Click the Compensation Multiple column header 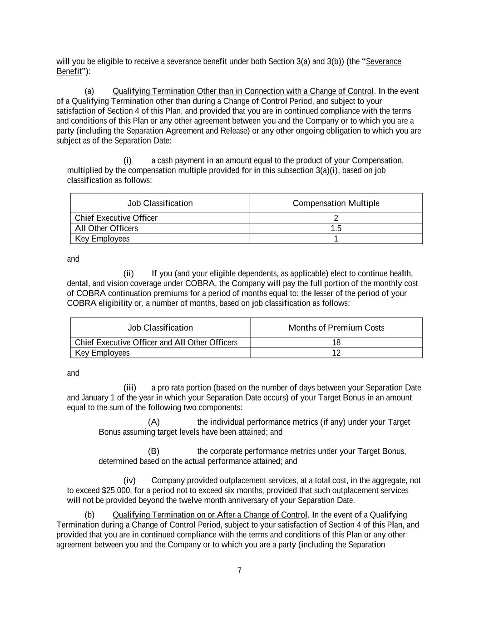(336, 203)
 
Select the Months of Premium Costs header (336, 327)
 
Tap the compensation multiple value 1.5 (336, 228)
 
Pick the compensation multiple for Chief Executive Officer (336, 218)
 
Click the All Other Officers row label (106, 228)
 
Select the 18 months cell (336, 342)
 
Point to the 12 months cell (336, 353)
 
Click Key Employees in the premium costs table (102, 353)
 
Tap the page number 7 (239, 571)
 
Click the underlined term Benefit (69, 71)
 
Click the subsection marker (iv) (129, 481)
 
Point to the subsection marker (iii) (129, 388)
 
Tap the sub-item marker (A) (154, 422)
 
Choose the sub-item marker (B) (153, 451)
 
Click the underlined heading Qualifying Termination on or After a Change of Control (210, 515)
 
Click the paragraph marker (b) (89, 515)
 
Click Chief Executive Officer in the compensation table (116, 218)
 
